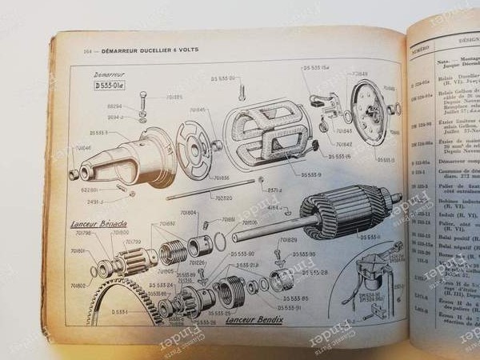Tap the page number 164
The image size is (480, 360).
[x=88, y=50]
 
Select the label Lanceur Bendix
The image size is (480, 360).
[x=249, y=321]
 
